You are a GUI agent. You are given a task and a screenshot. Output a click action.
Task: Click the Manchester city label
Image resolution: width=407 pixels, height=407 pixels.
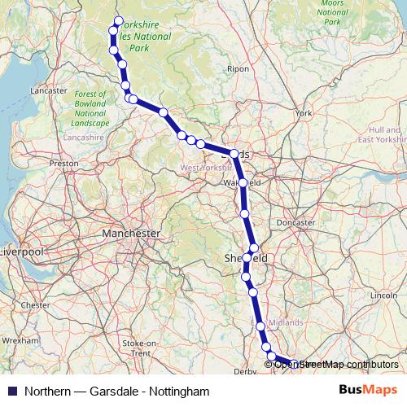pos(131,233)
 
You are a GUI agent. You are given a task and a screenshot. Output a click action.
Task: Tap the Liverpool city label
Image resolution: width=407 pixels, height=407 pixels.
pos(20,251)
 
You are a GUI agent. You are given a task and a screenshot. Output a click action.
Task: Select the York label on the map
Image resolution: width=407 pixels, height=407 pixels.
pos(304,113)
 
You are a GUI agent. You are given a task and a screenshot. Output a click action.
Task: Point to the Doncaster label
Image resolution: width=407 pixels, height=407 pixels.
pos(295,222)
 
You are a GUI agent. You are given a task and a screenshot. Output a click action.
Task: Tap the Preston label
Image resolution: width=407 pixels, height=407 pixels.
pos(63,164)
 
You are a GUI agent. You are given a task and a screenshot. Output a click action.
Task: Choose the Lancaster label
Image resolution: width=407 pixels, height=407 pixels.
pos(48,90)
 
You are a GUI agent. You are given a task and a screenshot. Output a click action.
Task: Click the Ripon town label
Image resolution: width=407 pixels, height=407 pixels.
pos(239,69)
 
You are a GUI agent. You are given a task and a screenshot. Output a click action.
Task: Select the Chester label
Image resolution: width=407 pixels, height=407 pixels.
pos(36,305)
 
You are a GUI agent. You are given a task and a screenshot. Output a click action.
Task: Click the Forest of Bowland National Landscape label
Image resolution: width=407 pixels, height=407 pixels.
pos(90,108)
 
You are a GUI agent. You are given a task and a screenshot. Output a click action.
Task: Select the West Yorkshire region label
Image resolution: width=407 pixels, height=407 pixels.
pos(206,168)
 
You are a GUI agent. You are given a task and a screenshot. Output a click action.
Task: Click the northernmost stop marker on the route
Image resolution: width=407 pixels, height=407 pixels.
pos(118,21)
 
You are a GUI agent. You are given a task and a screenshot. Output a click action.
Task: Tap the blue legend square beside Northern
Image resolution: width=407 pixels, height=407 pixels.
pos(11,392)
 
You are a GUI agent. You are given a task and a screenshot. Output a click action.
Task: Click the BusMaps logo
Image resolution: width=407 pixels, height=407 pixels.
pos(368,391)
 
